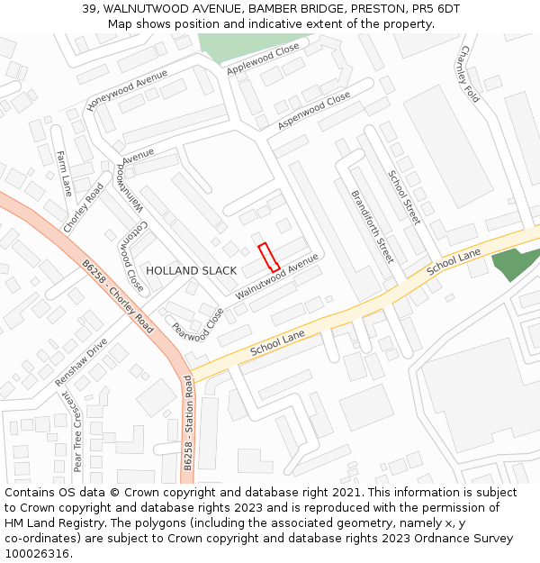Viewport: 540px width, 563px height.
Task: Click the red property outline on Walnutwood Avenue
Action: (x=269, y=258)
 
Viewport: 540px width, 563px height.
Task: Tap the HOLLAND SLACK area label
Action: (x=192, y=270)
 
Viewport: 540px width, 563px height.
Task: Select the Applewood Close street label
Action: (x=263, y=59)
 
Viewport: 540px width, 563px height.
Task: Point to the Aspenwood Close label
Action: (x=314, y=111)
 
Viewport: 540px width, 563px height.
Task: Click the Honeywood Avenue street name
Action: (x=127, y=92)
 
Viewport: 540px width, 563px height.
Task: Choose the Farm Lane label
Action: (x=64, y=173)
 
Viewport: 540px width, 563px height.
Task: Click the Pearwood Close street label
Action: (x=198, y=326)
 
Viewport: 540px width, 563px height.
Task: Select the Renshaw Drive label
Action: (x=81, y=362)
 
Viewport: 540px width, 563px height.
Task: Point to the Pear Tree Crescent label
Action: (x=78, y=434)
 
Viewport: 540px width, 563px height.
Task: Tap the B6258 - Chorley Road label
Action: (x=118, y=296)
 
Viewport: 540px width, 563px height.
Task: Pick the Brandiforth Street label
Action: (x=372, y=224)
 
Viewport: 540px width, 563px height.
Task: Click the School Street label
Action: (x=404, y=196)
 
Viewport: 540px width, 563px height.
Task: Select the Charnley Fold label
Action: (x=470, y=74)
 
